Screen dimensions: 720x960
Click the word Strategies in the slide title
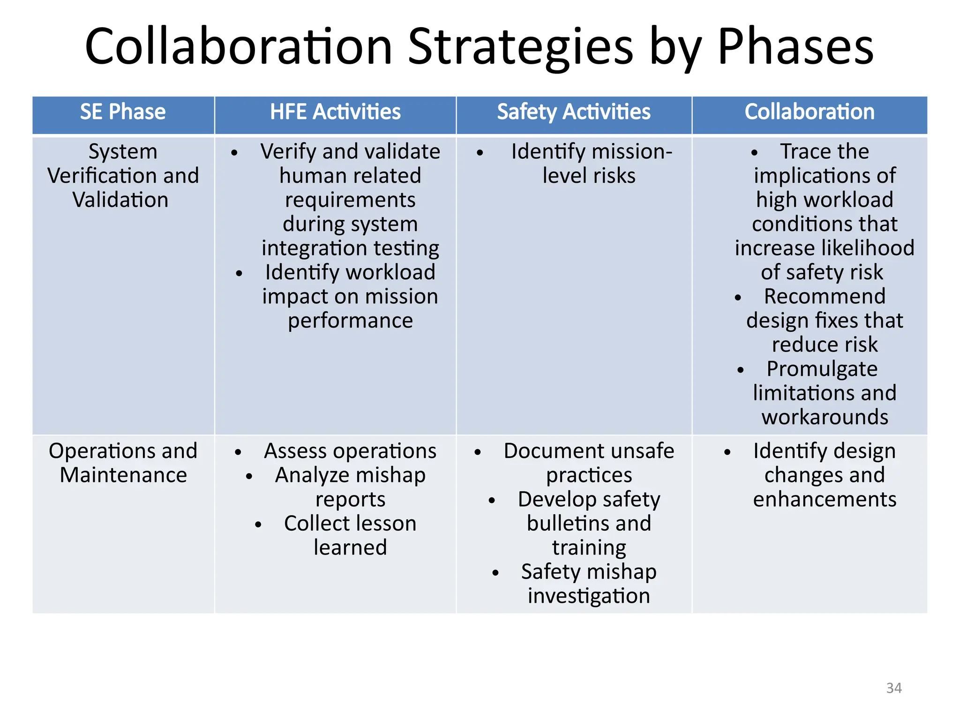click(x=520, y=47)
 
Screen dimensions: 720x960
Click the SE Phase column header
click(x=123, y=112)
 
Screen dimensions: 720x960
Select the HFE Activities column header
click(x=335, y=112)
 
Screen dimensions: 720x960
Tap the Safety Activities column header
click(x=574, y=112)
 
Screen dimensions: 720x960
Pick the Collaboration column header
click(x=810, y=112)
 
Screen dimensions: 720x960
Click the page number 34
click(x=894, y=688)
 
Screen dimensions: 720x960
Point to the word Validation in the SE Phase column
click(x=120, y=200)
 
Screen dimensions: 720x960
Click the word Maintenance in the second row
click(x=123, y=475)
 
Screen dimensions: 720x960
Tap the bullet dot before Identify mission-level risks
click(x=480, y=153)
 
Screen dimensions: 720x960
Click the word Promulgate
click(x=822, y=369)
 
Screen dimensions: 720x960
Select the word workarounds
click(x=825, y=417)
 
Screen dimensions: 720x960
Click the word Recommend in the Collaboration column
click(x=825, y=296)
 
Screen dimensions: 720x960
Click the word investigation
click(x=589, y=596)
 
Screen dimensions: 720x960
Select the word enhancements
click(x=825, y=499)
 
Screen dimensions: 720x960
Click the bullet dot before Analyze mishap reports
click(x=249, y=477)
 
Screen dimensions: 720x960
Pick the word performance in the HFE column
click(x=350, y=321)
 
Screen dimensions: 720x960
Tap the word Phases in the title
click(x=795, y=47)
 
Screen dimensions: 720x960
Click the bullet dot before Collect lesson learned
click(x=258, y=525)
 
